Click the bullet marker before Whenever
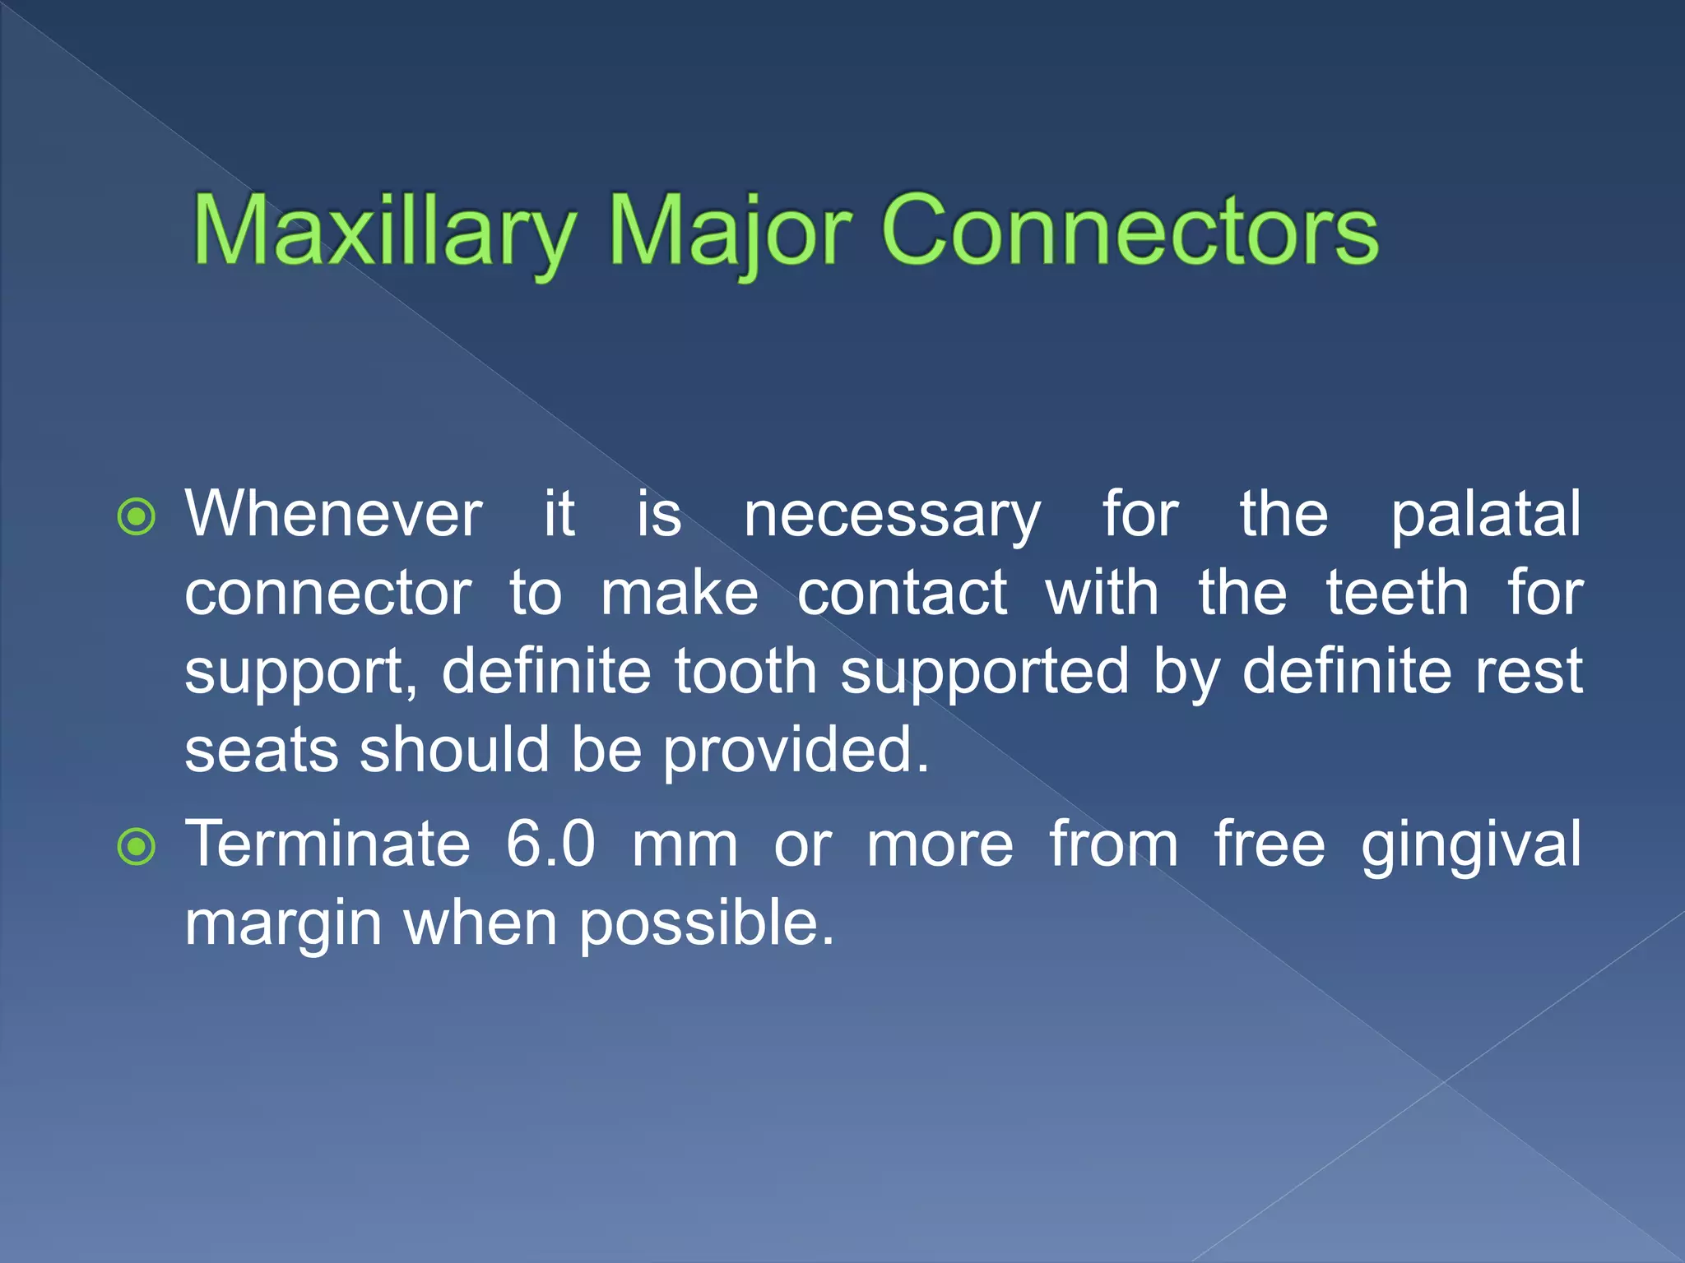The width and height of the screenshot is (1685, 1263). (x=136, y=517)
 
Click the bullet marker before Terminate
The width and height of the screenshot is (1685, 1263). (x=136, y=847)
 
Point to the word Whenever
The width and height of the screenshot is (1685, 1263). (x=333, y=514)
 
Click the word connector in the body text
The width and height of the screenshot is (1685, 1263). (x=328, y=593)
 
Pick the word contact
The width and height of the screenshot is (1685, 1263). (x=902, y=593)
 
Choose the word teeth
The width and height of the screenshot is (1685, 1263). (x=1397, y=593)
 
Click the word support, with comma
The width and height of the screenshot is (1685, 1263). (x=301, y=673)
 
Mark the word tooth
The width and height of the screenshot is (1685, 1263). (x=745, y=671)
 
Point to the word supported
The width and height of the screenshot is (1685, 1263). (x=984, y=673)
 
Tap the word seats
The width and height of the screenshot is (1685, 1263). (x=261, y=750)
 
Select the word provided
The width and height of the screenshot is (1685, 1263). (x=796, y=752)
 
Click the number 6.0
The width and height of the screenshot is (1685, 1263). (x=550, y=844)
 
